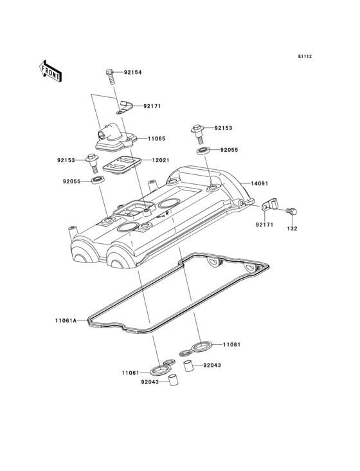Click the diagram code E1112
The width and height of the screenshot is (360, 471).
coord(305,56)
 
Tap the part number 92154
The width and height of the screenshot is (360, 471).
coord(133,73)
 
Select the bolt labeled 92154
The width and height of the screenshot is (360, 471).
coord(110,77)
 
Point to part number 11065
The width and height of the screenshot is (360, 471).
coord(156,139)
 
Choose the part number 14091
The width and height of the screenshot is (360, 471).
coord(260,183)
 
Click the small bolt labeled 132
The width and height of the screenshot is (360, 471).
coord(292,212)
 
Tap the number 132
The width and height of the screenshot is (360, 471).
coord(292,228)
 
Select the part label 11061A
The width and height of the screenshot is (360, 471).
coord(66,320)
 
